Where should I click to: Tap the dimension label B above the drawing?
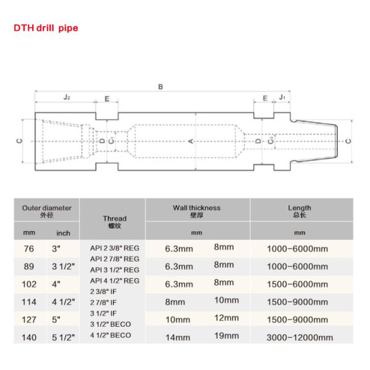pos(161,87)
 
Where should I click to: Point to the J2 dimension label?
pos(66,98)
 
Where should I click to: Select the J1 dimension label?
pos(282,98)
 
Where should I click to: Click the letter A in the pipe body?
pos(191,141)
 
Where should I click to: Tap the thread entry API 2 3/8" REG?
pos(115,248)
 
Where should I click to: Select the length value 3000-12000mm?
pos(300,337)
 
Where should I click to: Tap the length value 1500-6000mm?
pos(300,284)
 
